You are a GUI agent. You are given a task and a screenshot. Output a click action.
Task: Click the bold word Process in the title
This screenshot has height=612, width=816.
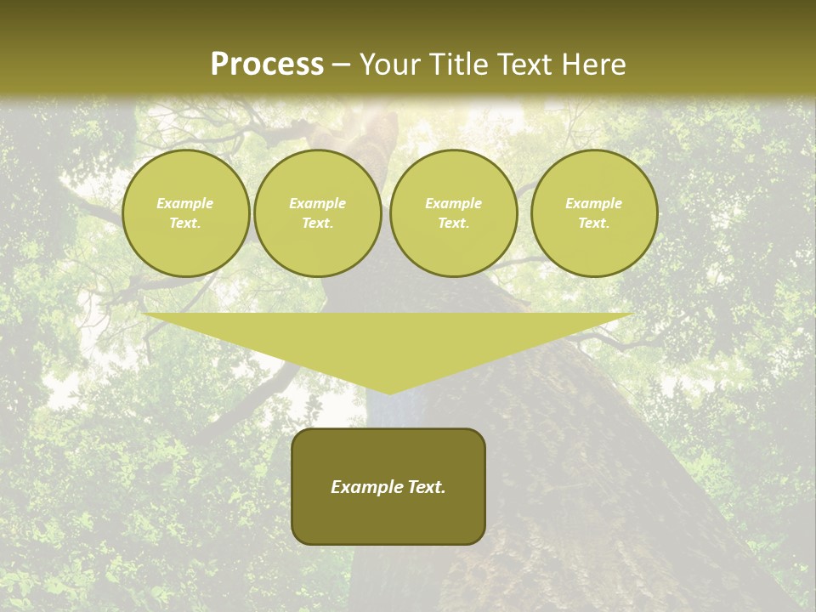(267, 65)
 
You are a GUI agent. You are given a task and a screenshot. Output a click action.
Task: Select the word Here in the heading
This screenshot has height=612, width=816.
(594, 65)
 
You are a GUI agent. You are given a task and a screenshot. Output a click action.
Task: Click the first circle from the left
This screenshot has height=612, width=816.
(186, 213)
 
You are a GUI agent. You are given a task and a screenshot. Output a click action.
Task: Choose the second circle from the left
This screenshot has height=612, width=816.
(318, 213)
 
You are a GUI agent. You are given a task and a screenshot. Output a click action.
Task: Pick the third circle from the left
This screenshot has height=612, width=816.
(454, 213)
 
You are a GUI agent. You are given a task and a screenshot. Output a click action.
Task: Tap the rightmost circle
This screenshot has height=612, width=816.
(594, 213)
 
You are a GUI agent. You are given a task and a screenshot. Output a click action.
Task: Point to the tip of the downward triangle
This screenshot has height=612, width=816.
(389, 392)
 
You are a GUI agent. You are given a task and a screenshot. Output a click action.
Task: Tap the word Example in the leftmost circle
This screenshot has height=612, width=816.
(185, 203)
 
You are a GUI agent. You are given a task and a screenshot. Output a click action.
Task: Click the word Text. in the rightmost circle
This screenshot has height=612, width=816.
(594, 224)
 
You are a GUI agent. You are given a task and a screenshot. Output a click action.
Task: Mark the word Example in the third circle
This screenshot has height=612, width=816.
(454, 203)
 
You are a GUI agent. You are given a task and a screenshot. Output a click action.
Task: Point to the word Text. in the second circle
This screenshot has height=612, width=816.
(318, 224)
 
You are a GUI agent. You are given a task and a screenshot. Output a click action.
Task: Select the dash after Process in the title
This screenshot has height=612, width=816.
(341, 65)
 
